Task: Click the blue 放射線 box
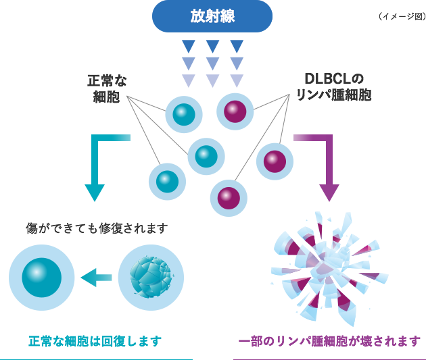pyautogui.click(x=212, y=16)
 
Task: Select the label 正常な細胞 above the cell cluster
pyautogui.click(x=108, y=88)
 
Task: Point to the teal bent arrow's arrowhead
pyautogui.click(x=95, y=192)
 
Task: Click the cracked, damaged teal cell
pyautogui.click(x=151, y=276)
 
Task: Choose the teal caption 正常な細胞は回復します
pyautogui.click(x=95, y=341)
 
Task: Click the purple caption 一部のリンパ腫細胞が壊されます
pyautogui.click(x=330, y=341)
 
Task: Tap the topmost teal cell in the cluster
pyautogui.click(x=184, y=114)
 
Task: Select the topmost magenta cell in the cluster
pyautogui.click(x=235, y=111)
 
